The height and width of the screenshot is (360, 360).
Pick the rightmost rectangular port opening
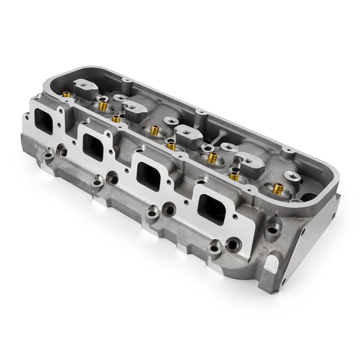click(211, 203)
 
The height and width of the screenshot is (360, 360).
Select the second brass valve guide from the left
click(103, 105)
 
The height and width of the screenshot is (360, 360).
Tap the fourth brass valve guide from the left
click(155, 131)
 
